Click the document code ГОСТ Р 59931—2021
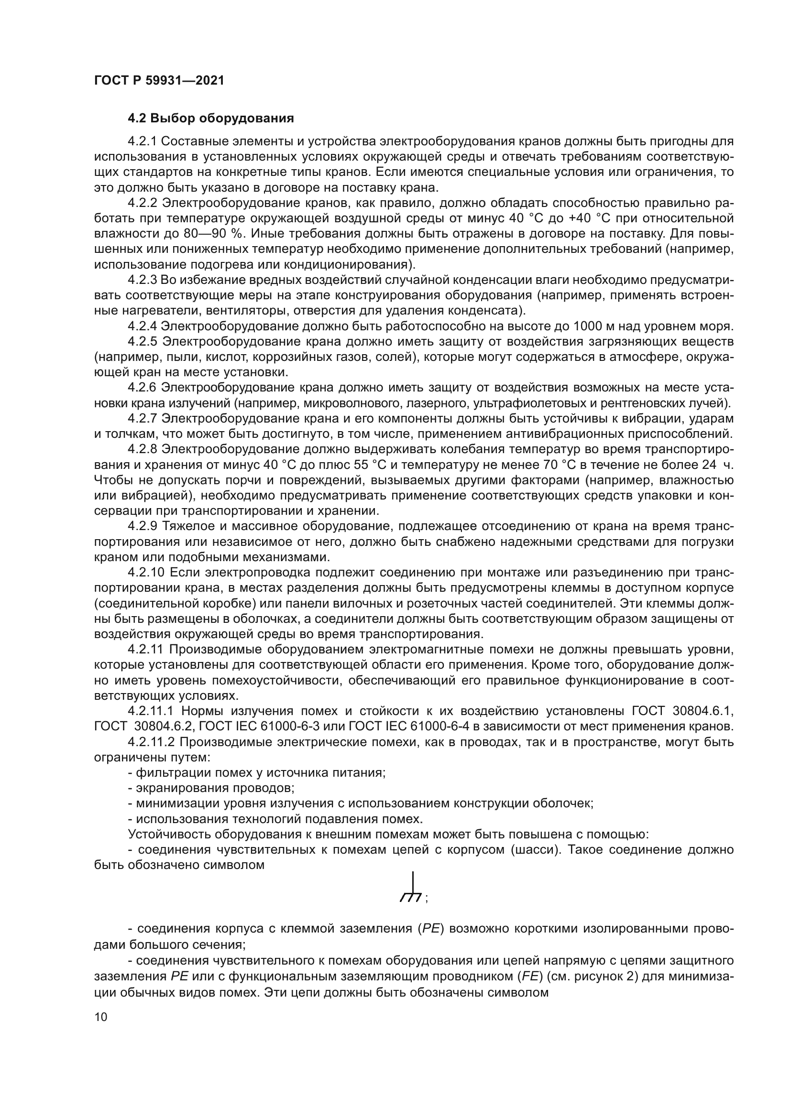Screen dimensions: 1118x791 coord(159,81)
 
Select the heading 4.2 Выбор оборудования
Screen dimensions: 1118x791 coord(211,119)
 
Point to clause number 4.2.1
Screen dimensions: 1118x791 coord(142,141)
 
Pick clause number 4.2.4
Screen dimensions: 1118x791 coord(142,326)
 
